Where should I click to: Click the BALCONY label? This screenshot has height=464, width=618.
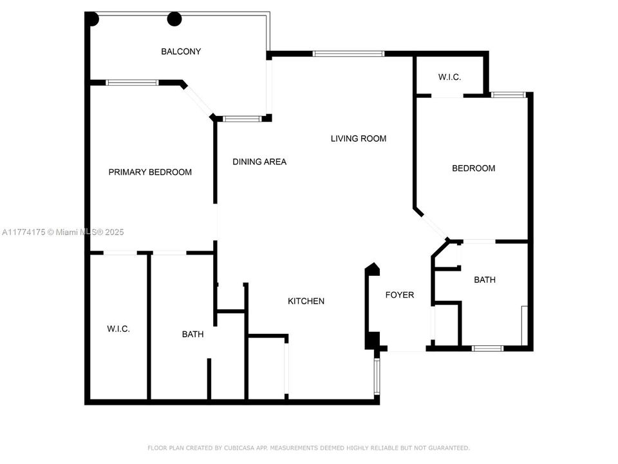(x=181, y=52)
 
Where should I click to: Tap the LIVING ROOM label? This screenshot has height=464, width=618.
(x=359, y=139)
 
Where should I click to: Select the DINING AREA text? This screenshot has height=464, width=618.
(x=259, y=162)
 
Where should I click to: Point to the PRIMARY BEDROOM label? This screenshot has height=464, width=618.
(x=150, y=172)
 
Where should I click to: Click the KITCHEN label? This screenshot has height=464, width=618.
(x=306, y=301)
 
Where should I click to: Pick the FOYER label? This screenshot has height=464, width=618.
(x=400, y=295)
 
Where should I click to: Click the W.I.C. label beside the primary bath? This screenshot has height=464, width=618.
(x=118, y=329)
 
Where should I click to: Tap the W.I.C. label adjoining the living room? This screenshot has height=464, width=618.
(x=449, y=77)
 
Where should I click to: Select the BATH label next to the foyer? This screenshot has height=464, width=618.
(x=484, y=280)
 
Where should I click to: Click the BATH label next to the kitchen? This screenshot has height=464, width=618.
(x=192, y=334)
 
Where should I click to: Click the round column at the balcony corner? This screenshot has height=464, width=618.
(x=93, y=19)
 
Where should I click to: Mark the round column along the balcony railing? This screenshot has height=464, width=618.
(x=174, y=19)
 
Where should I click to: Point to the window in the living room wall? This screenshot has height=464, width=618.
(x=348, y=53)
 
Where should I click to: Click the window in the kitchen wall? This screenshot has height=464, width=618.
(x=377, y=376)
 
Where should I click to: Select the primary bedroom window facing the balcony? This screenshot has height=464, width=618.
(x=132, y=82)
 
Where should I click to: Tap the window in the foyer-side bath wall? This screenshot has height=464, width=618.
(x=487, y=349)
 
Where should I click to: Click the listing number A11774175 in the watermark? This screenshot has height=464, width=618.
(x=24, y=232)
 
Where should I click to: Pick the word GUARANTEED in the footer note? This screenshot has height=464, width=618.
(x=449, y=448)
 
